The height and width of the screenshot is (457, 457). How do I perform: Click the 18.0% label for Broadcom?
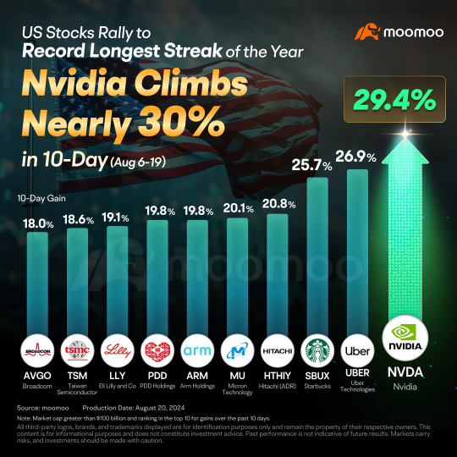click(x=37, y=224)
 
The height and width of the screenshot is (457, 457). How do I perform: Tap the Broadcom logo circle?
click(x=37, y=349)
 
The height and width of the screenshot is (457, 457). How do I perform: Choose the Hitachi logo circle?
click(x=278, y=349)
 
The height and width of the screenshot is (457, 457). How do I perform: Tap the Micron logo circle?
click(x=238, y=349)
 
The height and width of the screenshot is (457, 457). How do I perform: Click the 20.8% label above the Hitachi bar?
click(x=278, y=206)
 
